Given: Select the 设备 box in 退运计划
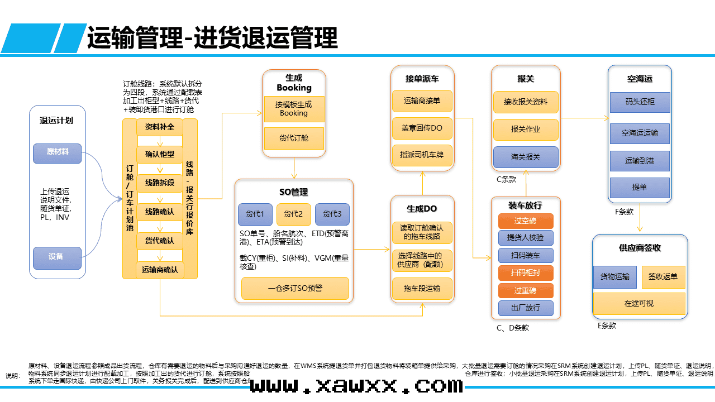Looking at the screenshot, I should point(57,257).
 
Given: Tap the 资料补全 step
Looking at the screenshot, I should point(160,127).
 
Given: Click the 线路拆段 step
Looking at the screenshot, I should point(160,183).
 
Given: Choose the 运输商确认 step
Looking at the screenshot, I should point(160,270).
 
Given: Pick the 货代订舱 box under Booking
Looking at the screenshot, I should point(294,138).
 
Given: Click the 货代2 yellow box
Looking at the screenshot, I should point(293,214).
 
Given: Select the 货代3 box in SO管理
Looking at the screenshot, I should point(332,214).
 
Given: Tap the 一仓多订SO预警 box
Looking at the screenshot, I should point(295,288).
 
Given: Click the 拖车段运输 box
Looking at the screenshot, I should point(422,288).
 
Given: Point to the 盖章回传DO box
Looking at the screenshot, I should point(422,128).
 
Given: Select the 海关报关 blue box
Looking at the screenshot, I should point(526,157).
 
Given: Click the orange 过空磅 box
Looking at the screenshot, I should point(526,221).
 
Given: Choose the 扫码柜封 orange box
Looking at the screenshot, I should point(526,273).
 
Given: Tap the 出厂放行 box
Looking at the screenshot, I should point(526,308).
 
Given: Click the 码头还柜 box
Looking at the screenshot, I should point(640,102).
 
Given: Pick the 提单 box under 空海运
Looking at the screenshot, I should point(640,188).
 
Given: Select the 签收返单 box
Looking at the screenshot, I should point(663,277).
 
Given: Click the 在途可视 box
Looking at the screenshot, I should point(639,304).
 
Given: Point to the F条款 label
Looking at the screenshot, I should point(624,212).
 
